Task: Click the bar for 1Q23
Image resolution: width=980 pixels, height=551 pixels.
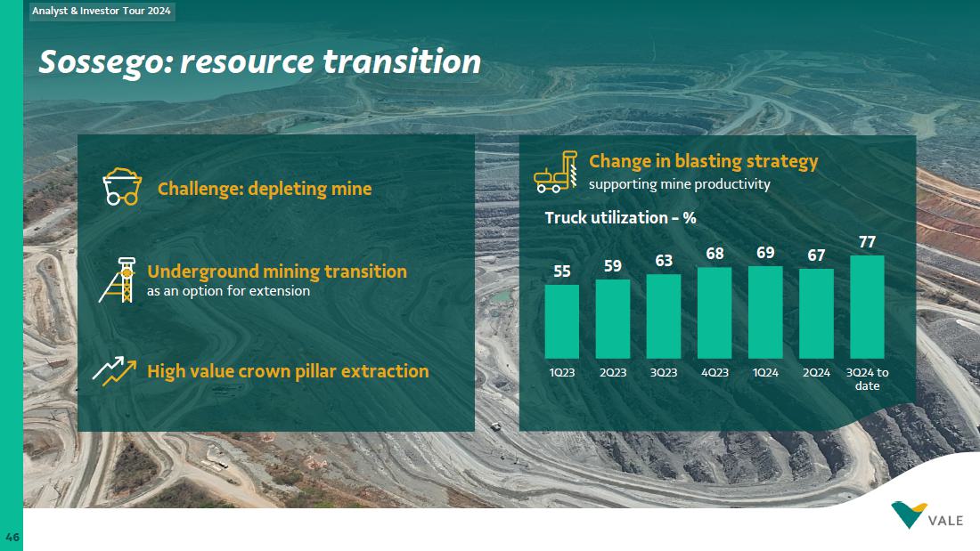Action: pos(562,321)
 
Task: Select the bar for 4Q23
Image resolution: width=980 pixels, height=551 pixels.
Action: pos(715,312)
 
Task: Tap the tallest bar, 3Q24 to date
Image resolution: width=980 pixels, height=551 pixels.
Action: pos(867,307)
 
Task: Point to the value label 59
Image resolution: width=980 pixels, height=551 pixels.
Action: pos(613,266)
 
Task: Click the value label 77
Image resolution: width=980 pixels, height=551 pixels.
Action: pos(867,242)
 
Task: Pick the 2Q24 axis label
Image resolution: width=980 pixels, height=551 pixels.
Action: pos(816,372)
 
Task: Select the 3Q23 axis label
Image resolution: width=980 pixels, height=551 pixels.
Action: pos(664,372)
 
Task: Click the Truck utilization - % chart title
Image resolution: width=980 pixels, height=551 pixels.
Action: pos(620,217)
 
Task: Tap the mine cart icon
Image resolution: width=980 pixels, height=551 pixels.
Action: pos(122,186)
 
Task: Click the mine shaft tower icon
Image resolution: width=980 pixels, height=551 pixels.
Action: pos(118,280)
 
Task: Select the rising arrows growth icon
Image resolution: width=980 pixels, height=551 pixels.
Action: pos(114,371)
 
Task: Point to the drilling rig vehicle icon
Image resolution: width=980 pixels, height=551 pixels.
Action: pos(556,171)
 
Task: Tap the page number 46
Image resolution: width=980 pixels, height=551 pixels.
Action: pos(12,538)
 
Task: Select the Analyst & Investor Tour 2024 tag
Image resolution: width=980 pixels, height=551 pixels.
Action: pos(102,12)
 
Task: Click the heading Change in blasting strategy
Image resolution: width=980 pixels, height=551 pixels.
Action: pos(703,161)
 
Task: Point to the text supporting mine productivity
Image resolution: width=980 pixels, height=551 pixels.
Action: pos(680,184)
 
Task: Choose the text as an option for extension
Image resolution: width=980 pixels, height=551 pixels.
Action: pos(228,291)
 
